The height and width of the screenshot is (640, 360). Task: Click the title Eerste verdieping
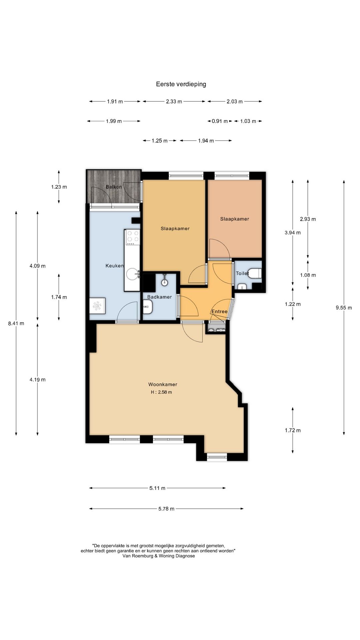[x=181, y=84]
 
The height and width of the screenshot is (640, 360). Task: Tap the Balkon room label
[x=114, y=187]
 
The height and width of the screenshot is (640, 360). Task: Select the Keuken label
[x=115, y=266]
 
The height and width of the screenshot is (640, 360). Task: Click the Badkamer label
[x=159, y=297]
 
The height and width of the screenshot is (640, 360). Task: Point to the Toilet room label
[x=242, y=273]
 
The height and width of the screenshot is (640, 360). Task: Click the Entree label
[x=219, y=312]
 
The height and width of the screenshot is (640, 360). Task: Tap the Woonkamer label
[x=163, y=384]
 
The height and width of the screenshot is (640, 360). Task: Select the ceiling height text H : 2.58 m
[x=161, y=392]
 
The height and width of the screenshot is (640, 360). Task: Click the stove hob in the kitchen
[x=132, y=237]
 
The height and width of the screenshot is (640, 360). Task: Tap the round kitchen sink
[x=133, y=274]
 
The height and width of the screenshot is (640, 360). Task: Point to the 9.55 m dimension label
[x=344, y=308]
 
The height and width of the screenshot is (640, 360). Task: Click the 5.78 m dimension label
[x=166, y=509]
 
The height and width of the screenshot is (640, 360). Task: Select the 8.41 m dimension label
[x=16, y=323]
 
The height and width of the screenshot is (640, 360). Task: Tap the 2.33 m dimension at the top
[x=174, y=102]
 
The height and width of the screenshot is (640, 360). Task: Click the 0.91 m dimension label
[x=220, y=121]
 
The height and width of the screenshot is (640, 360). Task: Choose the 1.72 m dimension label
[x=293, y=430]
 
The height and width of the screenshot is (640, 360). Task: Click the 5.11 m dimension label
[x=157, y=488]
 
